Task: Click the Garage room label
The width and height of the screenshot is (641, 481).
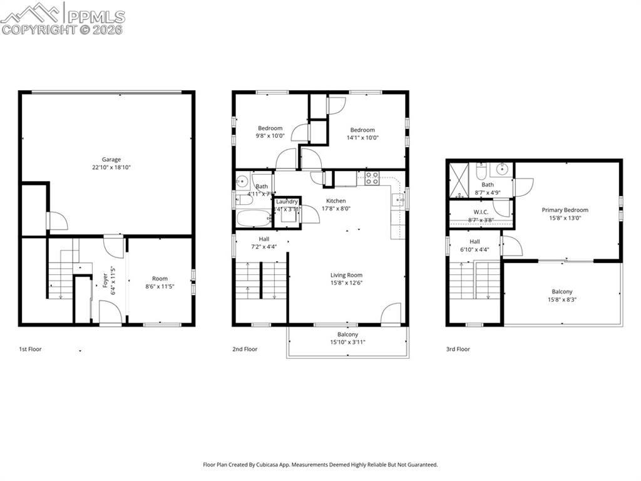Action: click(111, 159)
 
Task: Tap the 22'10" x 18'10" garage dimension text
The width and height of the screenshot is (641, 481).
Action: click(111, 167)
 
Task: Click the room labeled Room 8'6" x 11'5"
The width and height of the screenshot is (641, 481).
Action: click(160, 282)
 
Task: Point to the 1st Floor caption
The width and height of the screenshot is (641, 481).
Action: click(30, 349)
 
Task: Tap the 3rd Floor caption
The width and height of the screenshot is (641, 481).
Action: click(458, 349)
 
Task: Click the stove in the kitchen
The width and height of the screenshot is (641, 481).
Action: click(371, 178)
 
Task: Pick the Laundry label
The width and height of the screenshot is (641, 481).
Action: click(287, 202)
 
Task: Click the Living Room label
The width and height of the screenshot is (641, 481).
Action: click(346, 275)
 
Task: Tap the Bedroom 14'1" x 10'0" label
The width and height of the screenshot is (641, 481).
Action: click(362, 130)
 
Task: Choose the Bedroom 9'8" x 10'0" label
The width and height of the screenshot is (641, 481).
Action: click(270, 128)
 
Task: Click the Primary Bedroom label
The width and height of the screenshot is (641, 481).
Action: click(565, 210)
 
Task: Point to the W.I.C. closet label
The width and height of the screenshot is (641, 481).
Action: click(481, 212)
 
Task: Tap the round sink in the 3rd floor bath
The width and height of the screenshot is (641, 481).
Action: click(502, 168)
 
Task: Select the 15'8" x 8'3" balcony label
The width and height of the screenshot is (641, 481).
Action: click(562, 296)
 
